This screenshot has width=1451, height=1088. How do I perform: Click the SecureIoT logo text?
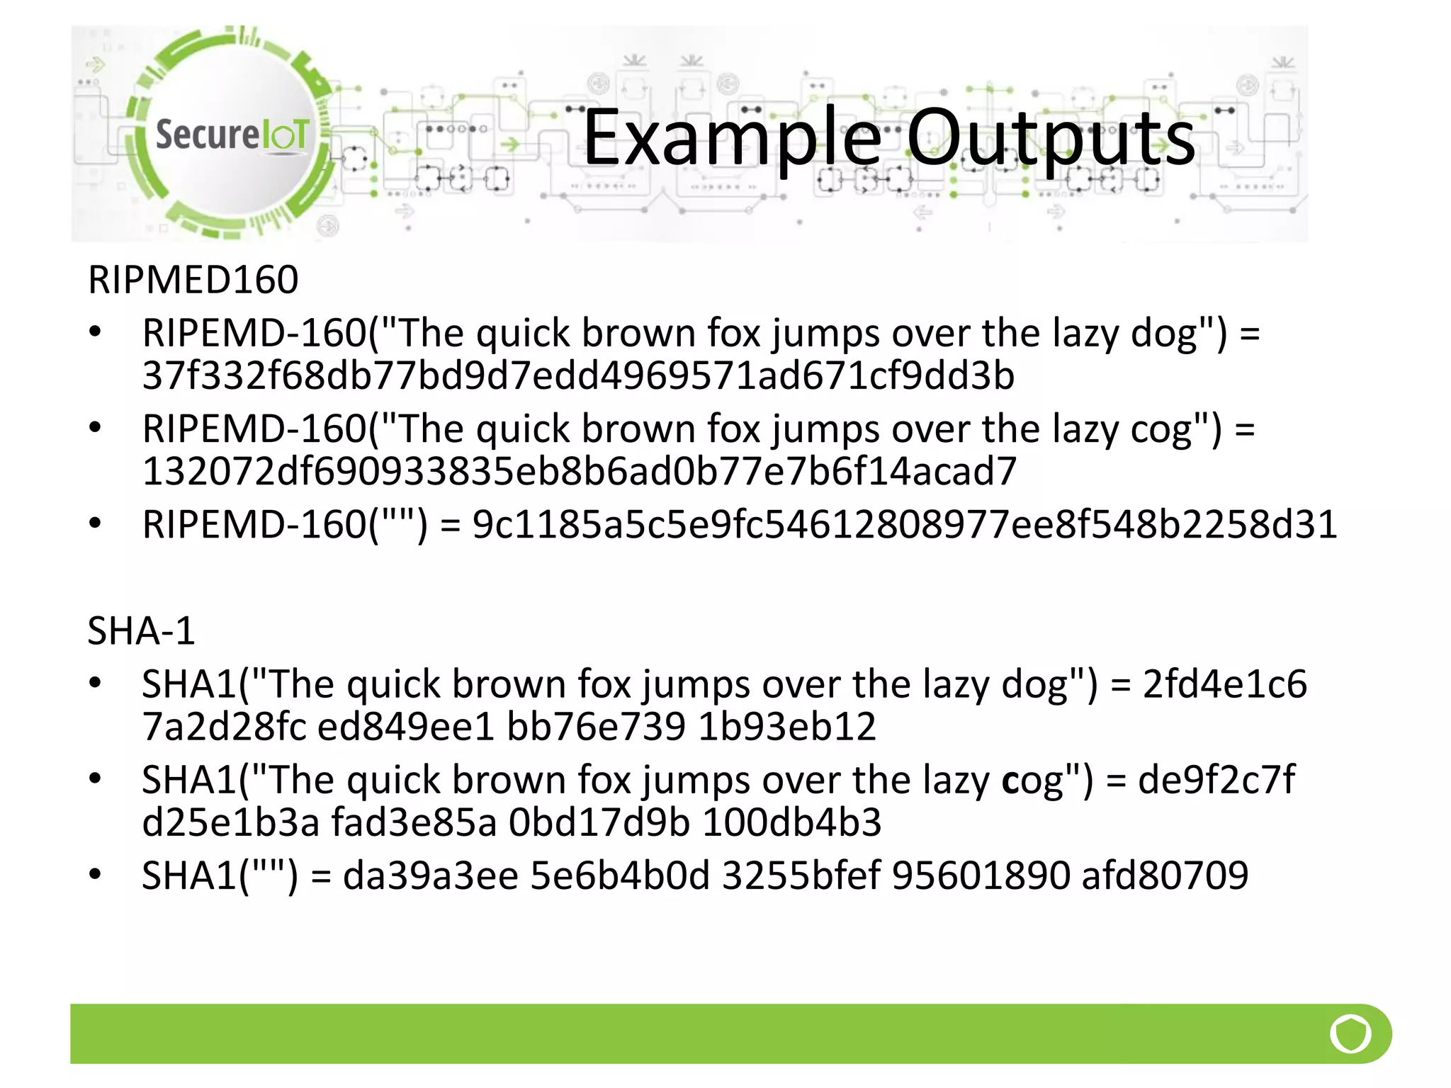click(x=232, y=135)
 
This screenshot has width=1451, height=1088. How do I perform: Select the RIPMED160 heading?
click(x=193, y=279)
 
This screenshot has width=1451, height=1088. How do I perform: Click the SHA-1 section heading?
click(x=141, y=630)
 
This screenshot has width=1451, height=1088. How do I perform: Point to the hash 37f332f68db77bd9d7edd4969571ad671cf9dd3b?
click(x=578, y=375)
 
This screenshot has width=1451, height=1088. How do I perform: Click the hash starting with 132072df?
click(x=580, y=471)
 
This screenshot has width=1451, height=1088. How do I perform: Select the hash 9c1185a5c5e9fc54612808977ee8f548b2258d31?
click(x=905, y=524)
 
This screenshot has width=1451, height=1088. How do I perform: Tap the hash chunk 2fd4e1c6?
click(x=1224, y=684)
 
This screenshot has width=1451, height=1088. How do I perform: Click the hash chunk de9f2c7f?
click(x=1216, y=780)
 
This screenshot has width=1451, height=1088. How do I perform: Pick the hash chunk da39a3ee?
click(x=431, y=875)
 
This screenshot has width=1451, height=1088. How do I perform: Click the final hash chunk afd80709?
click(x=1165, y=875)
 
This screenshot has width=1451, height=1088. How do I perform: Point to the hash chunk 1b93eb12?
click(x=786, y=727)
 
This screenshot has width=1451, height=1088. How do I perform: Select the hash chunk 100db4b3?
click(x=792, y=822)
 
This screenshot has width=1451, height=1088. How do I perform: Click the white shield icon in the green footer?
click(x=1350, y=1034)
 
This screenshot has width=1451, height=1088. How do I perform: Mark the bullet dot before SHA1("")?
click(x=95, y=874)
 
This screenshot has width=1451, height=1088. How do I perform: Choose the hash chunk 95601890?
click(x=981, y=875)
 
